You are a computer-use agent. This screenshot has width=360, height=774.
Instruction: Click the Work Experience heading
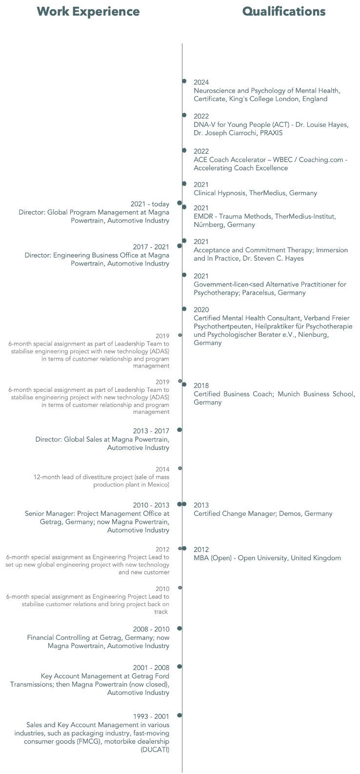[88, 11]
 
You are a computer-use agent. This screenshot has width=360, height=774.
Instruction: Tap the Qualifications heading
[284, 11]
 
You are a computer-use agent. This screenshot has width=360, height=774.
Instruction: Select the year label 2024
[201, 82]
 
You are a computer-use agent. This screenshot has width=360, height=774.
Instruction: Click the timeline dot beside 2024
[184, 81]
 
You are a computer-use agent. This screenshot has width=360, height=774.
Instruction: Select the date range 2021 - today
[150, 204]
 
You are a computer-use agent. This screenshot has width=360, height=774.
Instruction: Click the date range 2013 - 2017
[151, 431]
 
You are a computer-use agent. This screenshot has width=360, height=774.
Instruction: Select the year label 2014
[162, 469]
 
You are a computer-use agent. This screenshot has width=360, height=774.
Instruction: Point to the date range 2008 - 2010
[151, 629]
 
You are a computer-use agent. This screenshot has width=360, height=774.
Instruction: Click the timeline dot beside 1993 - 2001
[180, 715]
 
